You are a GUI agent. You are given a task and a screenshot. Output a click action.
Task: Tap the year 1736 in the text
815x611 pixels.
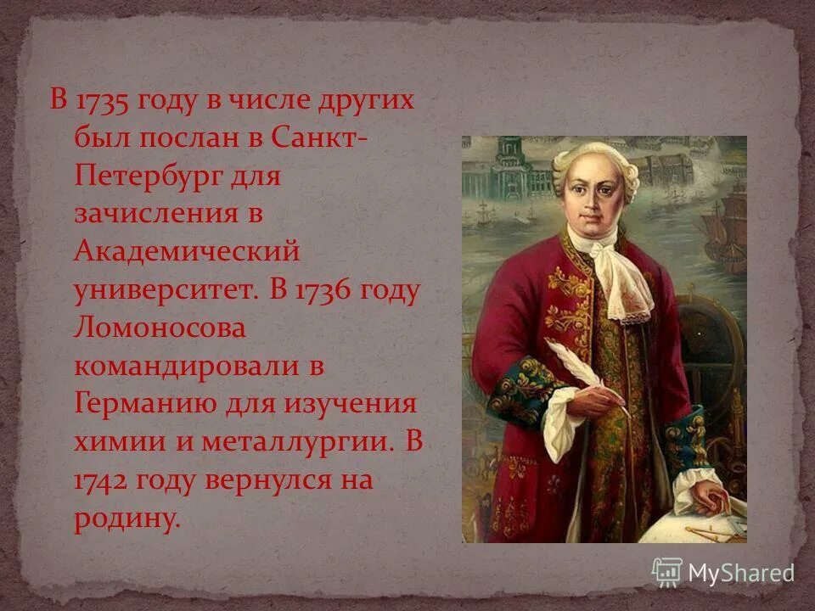(x=326, y=291)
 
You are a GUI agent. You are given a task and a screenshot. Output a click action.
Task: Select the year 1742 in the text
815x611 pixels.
(x=100, y=481)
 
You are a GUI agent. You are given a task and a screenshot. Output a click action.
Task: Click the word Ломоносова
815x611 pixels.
(x=160, y=329)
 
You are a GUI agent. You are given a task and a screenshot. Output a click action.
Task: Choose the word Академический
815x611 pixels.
(x=188, y=253)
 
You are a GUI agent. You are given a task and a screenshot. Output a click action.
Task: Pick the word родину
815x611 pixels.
(x=127, y=519)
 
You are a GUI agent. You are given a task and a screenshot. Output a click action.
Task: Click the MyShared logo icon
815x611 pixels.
(x=667, y=571)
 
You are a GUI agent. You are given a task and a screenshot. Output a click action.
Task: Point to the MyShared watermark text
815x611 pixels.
(x=740, y=573)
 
